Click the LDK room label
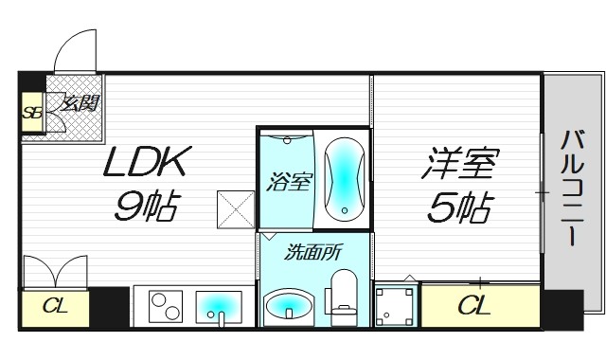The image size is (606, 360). [150, 163]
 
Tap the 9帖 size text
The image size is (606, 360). [147, 207]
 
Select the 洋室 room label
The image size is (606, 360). [459, 163]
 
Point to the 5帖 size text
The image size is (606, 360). [459, 207]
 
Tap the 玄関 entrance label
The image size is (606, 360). [81, 104]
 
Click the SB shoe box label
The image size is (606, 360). [32, 115]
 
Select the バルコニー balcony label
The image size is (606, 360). [571, 189]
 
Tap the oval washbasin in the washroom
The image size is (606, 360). [289, 306]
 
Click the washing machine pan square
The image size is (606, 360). [396, 306]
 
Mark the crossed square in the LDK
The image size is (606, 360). [236, 208]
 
